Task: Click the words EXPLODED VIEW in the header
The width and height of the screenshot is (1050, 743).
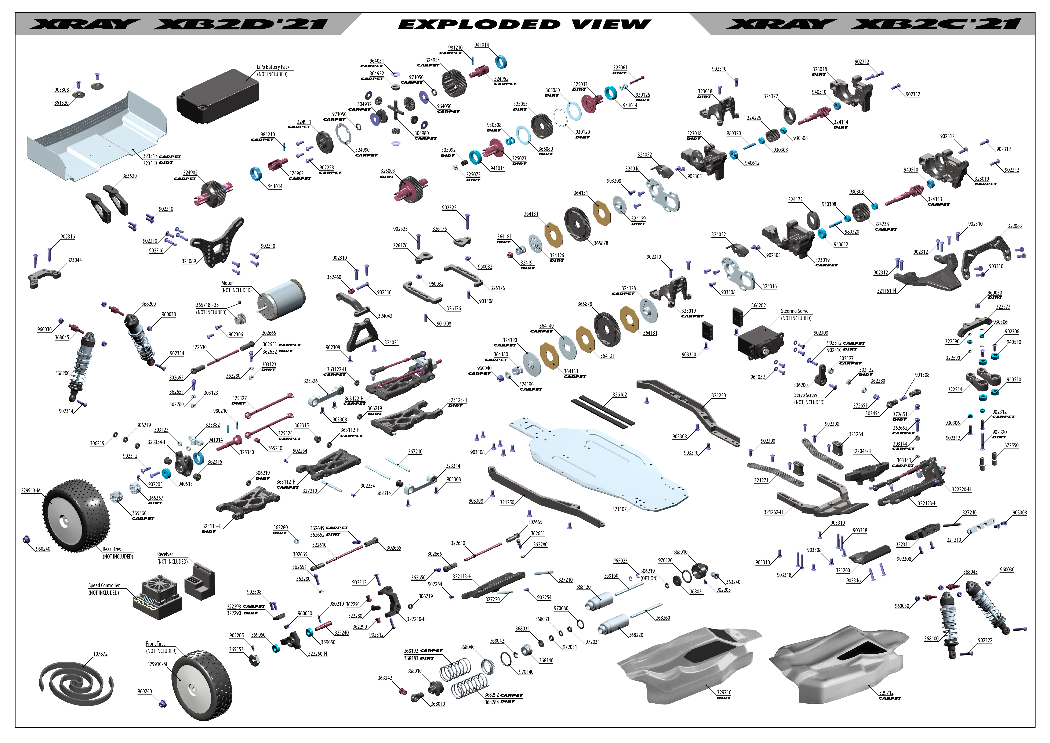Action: pos(524,24)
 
